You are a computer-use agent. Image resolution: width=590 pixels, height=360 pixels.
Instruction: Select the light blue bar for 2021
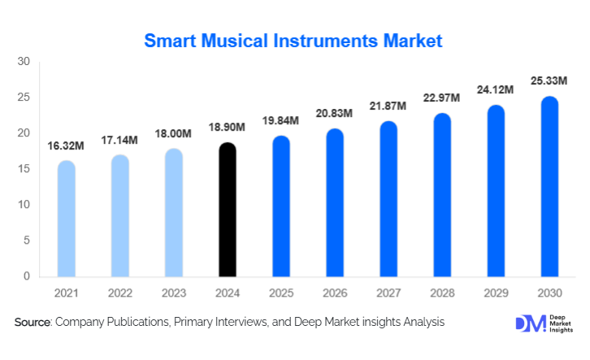(x=66, y=219)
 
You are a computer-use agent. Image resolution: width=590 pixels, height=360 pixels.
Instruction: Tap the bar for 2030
(x=549, y=186)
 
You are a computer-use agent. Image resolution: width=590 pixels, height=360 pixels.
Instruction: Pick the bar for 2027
(x=388, y=198)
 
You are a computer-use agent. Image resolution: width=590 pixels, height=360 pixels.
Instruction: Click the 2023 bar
(x=174, y=212)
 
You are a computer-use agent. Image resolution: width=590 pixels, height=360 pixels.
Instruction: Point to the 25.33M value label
(x=549, y=80)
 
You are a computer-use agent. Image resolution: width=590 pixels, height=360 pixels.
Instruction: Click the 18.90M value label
(x=228, y=128)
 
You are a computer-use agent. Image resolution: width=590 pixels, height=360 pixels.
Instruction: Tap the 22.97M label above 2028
(x=442, y=98)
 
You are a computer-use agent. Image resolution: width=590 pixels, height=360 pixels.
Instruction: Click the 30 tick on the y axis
(x=24, y=62)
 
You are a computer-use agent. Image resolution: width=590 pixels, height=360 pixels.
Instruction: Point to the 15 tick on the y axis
(x=24, y=169)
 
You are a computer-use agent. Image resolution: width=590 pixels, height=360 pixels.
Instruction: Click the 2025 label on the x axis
(x=281, y=292)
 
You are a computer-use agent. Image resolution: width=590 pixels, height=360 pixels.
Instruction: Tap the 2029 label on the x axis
(x=496, y=292)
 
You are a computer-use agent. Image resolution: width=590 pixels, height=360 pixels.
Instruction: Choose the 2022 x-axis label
(x=119, y=292)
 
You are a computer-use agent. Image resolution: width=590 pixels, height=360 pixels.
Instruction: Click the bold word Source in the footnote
(x=33, y=323)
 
